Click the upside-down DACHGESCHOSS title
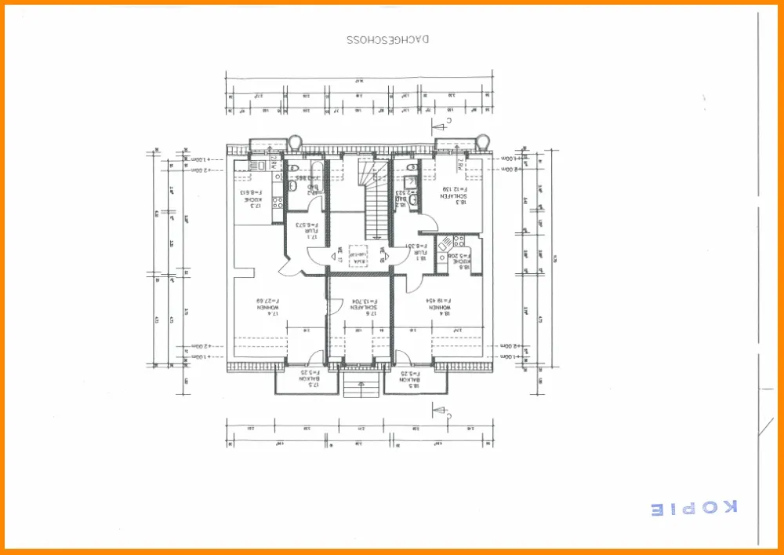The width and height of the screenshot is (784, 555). click(388, 38)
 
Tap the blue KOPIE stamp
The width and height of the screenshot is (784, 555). click(695, 508)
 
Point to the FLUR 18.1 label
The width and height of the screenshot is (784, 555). click(416, 250)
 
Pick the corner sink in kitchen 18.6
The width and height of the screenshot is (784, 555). click(445, 243)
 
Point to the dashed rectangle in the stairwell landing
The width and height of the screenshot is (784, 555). click(360, 253)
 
